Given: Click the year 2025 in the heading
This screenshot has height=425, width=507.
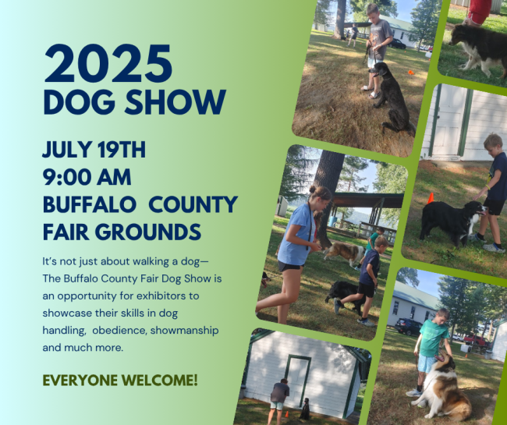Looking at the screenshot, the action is (108, 64).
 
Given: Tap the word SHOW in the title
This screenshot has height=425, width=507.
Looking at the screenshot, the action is (175, 102).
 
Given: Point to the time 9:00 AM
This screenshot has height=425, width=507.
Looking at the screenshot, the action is (87, 177).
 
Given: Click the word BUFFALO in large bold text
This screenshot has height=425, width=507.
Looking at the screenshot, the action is (90, 204).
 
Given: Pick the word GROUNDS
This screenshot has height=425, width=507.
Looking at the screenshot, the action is (147, 232).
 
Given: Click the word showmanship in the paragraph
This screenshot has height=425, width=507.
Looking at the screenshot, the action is (184, 331).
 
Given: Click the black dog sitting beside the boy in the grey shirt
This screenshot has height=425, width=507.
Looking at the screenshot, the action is (392, 97).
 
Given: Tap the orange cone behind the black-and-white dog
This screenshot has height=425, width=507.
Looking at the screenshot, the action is (431, 198).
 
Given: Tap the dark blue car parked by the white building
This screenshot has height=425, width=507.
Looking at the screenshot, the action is (408, 327).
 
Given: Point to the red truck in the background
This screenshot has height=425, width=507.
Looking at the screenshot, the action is (477, 340).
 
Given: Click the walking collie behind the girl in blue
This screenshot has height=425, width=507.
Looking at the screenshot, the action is (343, 253).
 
